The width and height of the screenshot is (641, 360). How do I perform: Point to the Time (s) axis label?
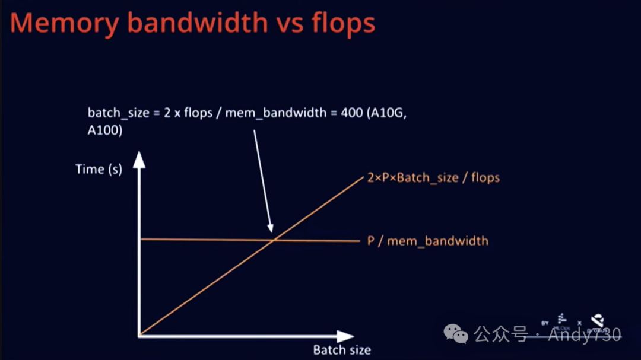(x=99, y=169)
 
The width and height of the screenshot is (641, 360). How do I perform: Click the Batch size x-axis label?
(x=342, y=350)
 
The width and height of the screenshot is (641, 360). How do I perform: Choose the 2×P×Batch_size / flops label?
(x=430, y=177)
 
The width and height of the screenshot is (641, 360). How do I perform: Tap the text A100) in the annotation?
(x=105, y=131)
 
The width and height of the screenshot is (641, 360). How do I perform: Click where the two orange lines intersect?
(x=274, y=240)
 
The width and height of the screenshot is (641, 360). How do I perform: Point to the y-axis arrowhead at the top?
(x=138, y=159)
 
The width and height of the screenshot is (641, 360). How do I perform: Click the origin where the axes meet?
(x=139, y=336)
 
